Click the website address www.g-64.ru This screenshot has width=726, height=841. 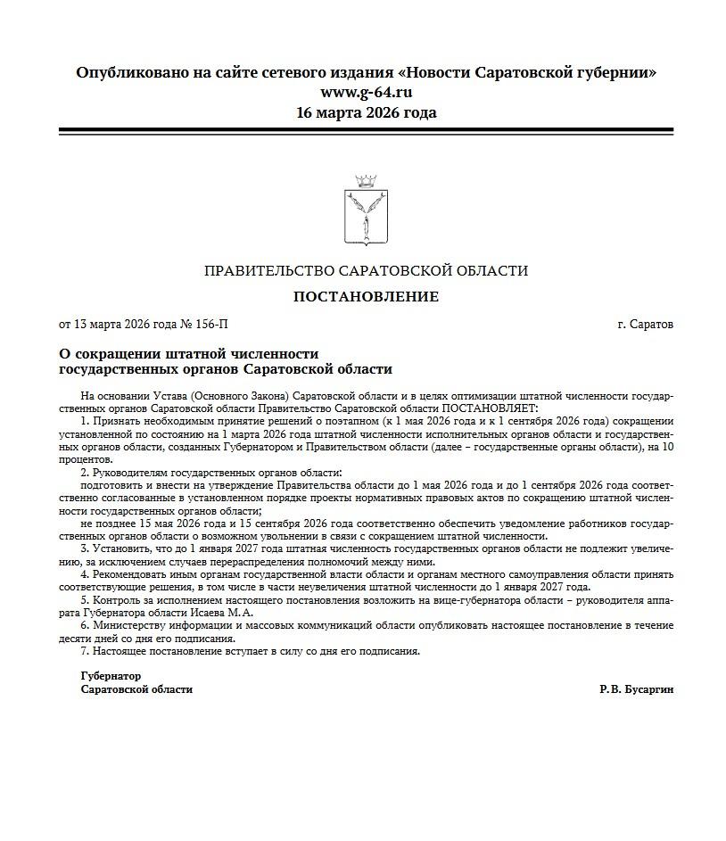(366, 92)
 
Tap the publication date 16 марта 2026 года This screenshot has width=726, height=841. (366, 112)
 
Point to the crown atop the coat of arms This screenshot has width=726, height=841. (362, 181)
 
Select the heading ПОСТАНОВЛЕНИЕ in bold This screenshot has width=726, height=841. (366, 297)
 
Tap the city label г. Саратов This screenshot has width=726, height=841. (645, 325)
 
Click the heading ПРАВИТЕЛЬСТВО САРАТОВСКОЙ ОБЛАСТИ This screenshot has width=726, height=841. (366, 271)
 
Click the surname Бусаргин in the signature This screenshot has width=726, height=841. (648, 689)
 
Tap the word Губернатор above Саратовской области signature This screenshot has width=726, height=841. (111, 676)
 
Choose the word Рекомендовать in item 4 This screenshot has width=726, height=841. (132, 574)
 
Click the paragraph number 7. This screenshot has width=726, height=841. (83, 651)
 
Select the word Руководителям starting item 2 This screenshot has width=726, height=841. (134, 472)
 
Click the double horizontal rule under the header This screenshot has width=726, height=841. (366, 131)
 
